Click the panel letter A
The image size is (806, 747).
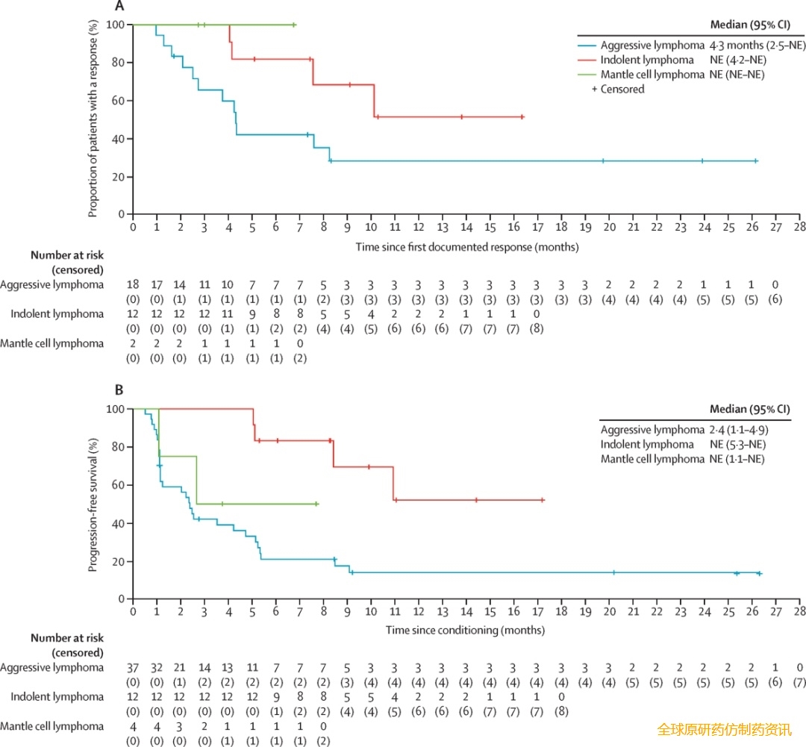click(x=119, y=7)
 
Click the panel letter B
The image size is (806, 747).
click(x=119, y=390)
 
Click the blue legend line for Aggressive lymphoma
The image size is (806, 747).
click(x=594, y=45)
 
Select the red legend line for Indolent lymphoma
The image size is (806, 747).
click(x=594, y=60)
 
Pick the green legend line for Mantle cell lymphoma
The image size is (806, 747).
click(x=594, y=74)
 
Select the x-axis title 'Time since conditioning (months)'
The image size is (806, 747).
click(x=465, y=630)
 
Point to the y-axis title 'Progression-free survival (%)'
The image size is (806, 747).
click(x=93, y=505)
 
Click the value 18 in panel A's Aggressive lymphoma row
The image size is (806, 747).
click(x=134, y=284)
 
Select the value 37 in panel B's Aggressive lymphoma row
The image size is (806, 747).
click(x=134, y=668)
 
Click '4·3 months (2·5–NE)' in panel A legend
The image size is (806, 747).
click(x=757, y=45)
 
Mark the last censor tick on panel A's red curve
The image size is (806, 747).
click(x=522, y=117)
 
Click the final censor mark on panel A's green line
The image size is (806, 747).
click(x=294, y=25)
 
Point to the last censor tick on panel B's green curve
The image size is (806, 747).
click(x=316, y=504)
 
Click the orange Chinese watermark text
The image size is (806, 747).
click(x=724, y=730)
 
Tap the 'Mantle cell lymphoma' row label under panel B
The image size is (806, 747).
click(x=52, y=725)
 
